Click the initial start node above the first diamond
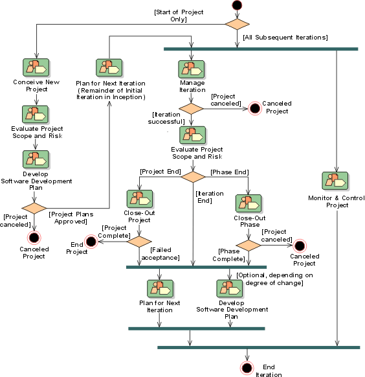237,5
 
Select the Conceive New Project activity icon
36,67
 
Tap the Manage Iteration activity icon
192,69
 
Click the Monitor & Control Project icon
335,181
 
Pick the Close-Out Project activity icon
140,199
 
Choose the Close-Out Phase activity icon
249,203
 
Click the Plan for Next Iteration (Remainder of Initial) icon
109,68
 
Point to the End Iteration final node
247,368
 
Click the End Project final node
91,241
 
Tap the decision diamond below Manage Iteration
191,109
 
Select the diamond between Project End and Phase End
193,177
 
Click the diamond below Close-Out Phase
249,246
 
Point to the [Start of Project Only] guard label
179,16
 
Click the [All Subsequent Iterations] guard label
285,38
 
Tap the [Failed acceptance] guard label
160,254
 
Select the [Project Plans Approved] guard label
71,218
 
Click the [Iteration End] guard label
210,197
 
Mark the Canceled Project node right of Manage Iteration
255,108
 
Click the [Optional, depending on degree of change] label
274,279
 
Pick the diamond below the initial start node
237,24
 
